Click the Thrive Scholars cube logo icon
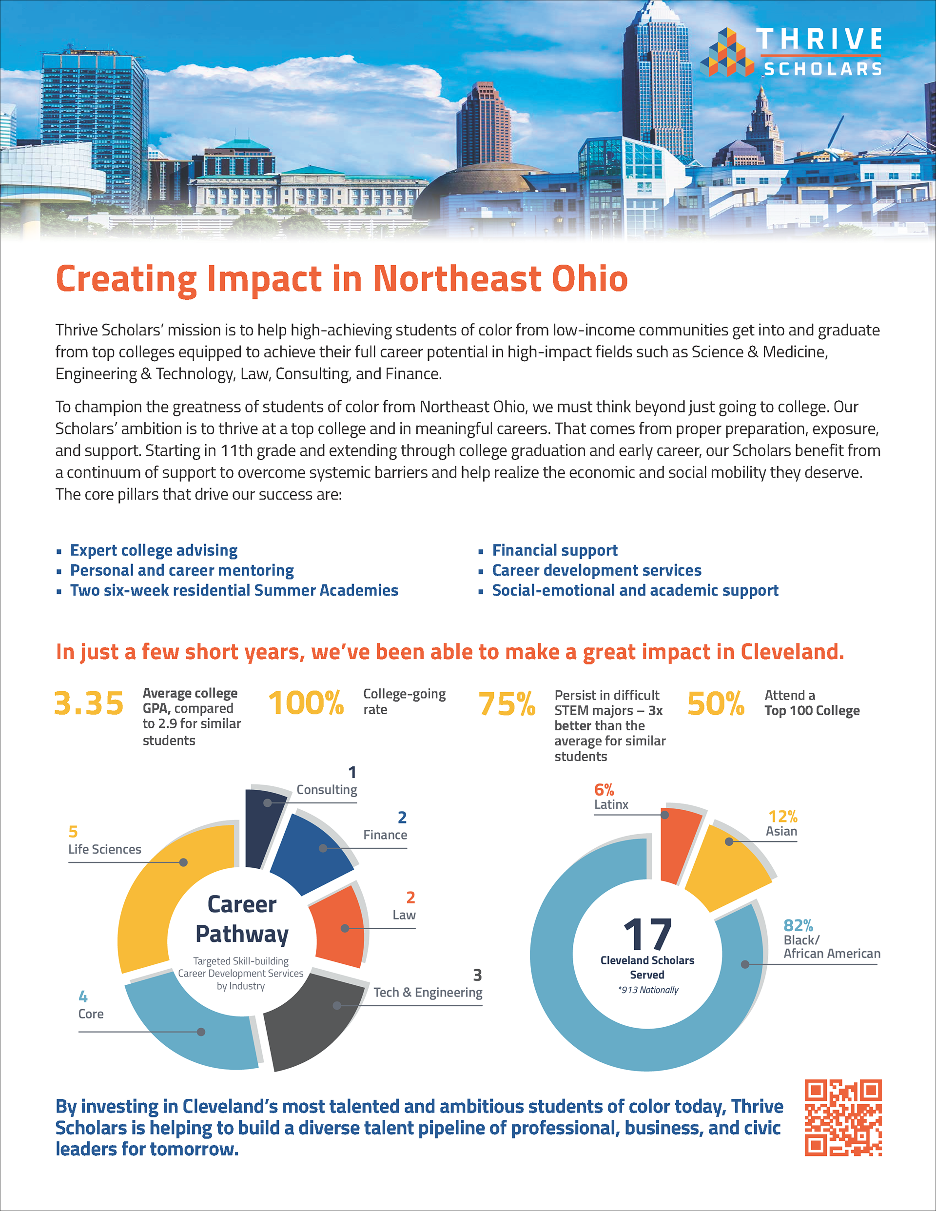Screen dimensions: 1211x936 727,53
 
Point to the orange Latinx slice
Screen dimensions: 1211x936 679,840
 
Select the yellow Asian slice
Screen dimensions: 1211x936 726,865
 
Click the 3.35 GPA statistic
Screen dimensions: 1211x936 89,703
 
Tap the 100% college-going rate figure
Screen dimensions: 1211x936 306,703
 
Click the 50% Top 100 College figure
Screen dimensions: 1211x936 715,703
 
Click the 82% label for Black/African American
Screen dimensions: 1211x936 798,925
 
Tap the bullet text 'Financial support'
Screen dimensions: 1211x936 554,550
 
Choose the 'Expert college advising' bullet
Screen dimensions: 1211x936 154,550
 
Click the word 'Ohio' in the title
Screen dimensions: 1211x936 589,278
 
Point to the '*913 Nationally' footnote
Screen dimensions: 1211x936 648,990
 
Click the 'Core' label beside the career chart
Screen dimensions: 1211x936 91,1014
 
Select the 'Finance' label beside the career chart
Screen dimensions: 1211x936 385,835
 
